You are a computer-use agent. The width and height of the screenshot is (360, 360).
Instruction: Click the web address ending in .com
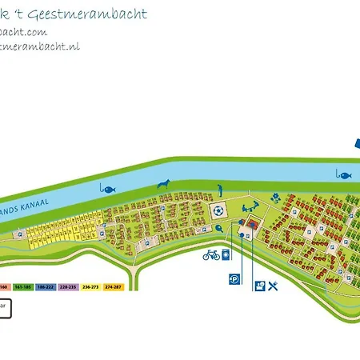click(24, 32)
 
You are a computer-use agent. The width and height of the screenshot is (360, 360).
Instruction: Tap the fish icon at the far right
click(344, 174)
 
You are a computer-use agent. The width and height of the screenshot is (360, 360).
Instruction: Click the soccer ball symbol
click(218, 211)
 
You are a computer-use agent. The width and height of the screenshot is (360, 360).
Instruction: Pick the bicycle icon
click(211, 255)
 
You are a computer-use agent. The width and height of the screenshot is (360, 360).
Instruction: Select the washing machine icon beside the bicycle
click(227, 255)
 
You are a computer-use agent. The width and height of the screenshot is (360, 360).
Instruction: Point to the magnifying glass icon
click(218, 227)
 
